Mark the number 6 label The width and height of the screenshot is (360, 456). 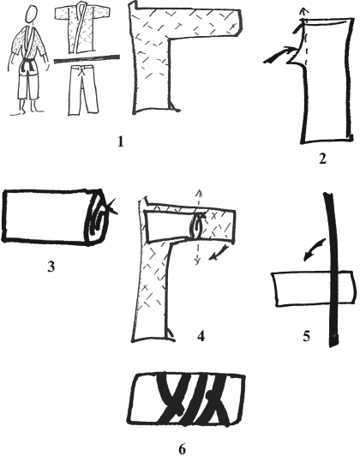(x=183, y=447)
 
